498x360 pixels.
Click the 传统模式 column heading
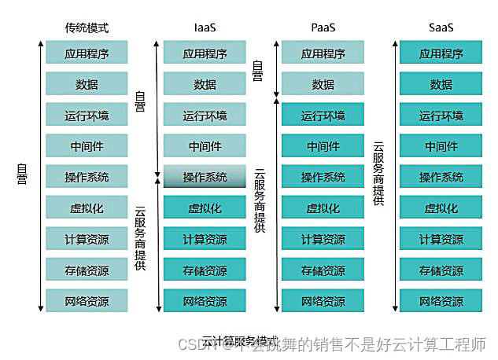(x=87, y=28)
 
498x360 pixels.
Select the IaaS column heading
(x=205, y=28)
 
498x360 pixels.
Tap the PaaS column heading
(x=323, y=28)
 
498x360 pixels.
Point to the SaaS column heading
(x=441, y=28)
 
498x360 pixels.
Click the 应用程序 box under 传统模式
(x=87, y=53)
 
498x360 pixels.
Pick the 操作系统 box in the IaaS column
(x=205, y=177)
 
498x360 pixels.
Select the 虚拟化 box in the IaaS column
(x=205, y=208)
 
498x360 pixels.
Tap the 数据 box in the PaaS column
(x=323, y=84)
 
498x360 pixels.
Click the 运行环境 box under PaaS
(x=323, y=116)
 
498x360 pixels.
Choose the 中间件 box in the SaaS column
(x=441, y=146)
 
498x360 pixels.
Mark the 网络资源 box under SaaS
(x=441, y=301)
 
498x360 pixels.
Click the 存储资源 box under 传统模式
(x=87, y=270)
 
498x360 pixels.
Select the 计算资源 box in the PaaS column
(x=323, y=239)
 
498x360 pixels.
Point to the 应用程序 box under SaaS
(x=441, y=53)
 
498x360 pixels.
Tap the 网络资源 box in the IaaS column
(x=205, y=301)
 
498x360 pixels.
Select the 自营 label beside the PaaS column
(x=256, y=71)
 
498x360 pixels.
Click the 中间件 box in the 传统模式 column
(x=87, y=146)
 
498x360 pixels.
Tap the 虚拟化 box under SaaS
(x=441, y=208)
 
